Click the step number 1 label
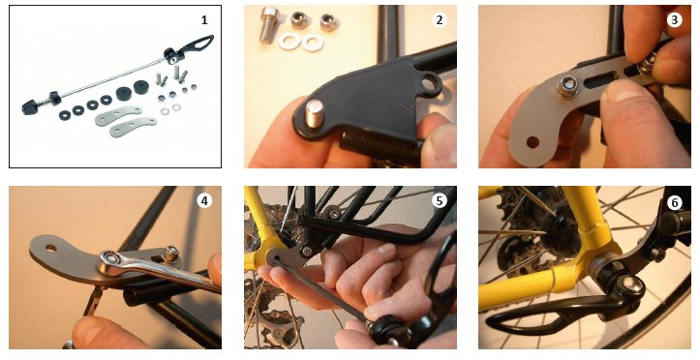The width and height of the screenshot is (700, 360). pyautogui.click(x=204, y=20)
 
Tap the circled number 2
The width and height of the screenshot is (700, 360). pyautogui.click(x=440, y=19)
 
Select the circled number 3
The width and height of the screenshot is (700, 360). pyautogui.click(x=674, y=19)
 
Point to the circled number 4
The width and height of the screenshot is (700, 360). pyautogui.click(x=204, y=200)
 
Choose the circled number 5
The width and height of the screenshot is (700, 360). pyautogui.click(x=440, y=200)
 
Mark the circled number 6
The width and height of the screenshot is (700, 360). pyautogui.click(x=674, y=203)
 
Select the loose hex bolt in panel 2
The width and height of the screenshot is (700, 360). pyautogui.click(x=268, y=23)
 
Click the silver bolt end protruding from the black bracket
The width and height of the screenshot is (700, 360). pyautogui.click(x=316, y=113)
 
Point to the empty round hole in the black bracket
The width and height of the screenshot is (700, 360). pyautogui.click(x=431, y=82)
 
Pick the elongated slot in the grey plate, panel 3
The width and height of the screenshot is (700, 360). pyautogui.click(x=599, y=81)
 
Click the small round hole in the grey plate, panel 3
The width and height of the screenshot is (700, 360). pyautogui.click(x=533, y=143)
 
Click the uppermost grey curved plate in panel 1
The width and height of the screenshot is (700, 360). pyautogui.click(x=117, y=116)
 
